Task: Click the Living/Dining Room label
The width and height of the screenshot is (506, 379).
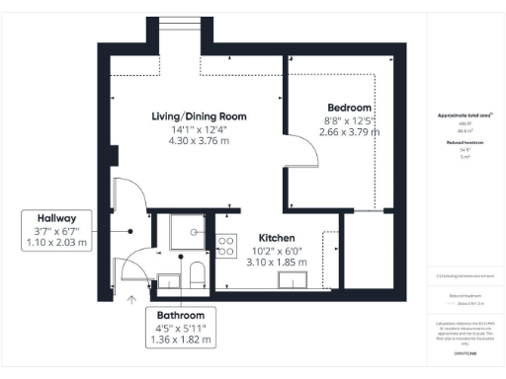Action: pyautogui.click(x=199, y=116)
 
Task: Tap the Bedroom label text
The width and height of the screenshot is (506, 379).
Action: pyautogui.click(x=349, y=107)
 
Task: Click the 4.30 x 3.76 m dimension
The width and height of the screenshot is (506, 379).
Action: pyautogui.click(x=199, y=140)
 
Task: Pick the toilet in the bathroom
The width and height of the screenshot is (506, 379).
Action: pyautogui.click(x=196, y=272)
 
